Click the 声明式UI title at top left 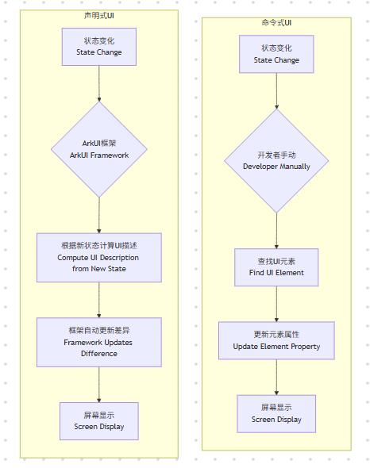(98, 15)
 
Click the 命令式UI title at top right (276, 23)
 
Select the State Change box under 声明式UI (98, 47)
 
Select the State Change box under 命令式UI (276, 54)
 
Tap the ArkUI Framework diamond (98, 149)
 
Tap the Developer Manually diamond (276, 160)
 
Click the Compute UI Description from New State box (98, 257)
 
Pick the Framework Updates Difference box (98, 342)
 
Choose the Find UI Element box (276, 267)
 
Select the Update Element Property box (276, 340)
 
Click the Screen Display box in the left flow (98, 420)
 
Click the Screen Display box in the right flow (276, 413)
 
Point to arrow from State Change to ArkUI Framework (98, 83)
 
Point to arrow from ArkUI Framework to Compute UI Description (98, 214)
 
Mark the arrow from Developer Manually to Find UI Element (276, 230)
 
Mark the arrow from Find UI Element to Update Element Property (276, 304)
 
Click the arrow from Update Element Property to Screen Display (276, 377)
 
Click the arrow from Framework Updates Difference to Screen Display (98, 384)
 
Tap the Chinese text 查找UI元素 (276, 262)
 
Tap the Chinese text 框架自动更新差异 (98, 331)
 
